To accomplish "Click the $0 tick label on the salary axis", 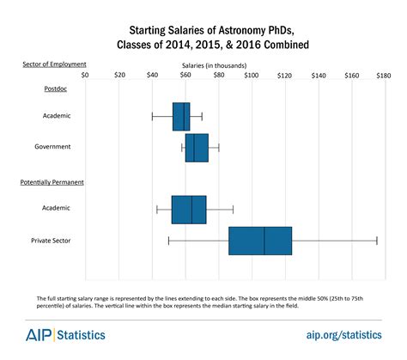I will coord(85,76).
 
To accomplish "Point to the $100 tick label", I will coord(252,76).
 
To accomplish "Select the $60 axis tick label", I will coord(185,76).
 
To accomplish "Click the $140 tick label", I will coord(319,76).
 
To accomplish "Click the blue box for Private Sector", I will coord(260,241).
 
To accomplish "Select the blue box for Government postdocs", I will coord(197,147).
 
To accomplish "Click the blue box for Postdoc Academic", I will coord(181,116).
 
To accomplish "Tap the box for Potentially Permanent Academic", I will coord(189,209).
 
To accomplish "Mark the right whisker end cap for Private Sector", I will coord(377,241).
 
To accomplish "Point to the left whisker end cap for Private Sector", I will coord(168,241).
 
